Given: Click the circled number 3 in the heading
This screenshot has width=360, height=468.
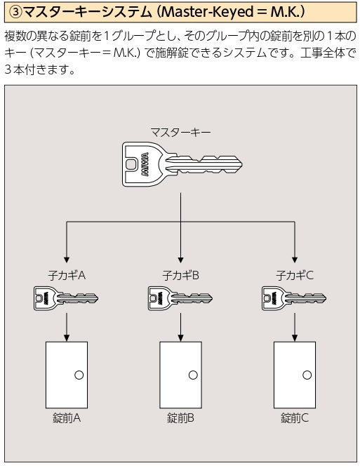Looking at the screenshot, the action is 16,12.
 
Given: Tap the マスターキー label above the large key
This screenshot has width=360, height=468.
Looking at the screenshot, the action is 180,132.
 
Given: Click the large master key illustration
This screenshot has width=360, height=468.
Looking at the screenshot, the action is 182,164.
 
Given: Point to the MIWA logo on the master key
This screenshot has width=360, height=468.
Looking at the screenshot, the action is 145,164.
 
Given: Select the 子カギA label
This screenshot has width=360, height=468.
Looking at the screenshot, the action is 67,275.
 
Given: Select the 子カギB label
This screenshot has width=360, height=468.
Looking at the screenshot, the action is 180,275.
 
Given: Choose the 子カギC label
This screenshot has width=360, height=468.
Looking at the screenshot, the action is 295,275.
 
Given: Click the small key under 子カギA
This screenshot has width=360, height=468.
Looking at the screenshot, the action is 66,298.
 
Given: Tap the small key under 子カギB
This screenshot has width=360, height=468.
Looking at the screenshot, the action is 180,298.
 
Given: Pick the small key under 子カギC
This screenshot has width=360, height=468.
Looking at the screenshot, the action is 294,298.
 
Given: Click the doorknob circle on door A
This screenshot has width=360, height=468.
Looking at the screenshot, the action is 79,375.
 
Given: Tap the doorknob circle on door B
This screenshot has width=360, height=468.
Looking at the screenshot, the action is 193,375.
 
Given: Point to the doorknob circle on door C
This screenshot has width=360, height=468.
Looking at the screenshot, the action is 307,375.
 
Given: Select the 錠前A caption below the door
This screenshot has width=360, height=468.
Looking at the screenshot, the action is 67,418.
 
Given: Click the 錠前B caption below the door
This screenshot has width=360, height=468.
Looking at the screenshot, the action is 180,418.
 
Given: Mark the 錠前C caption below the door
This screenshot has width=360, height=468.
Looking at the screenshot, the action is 295,418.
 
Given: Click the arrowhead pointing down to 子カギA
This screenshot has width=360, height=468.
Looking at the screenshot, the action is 67,259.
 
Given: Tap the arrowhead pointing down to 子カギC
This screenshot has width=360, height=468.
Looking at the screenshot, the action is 295,259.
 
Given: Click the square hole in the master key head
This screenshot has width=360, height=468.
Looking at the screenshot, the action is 131,164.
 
